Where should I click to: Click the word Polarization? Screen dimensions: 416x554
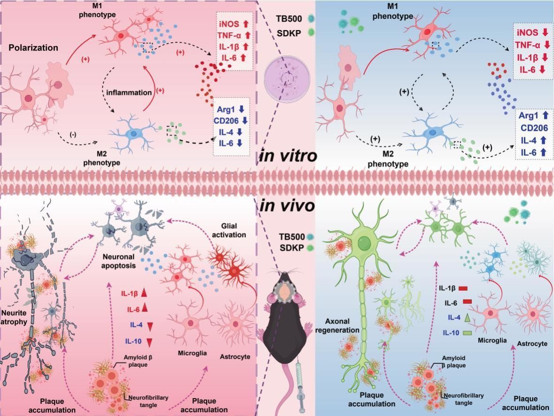[x=33, y=47]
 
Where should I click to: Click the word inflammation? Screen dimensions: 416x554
[x=129, y=92]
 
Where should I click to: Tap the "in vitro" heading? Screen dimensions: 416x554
[x=288, y=156]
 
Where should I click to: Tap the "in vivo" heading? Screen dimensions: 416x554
[x=287, y=206]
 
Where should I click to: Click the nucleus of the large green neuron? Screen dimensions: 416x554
[x=363, y=243]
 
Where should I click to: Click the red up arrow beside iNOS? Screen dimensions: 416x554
[x=246, y=23]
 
